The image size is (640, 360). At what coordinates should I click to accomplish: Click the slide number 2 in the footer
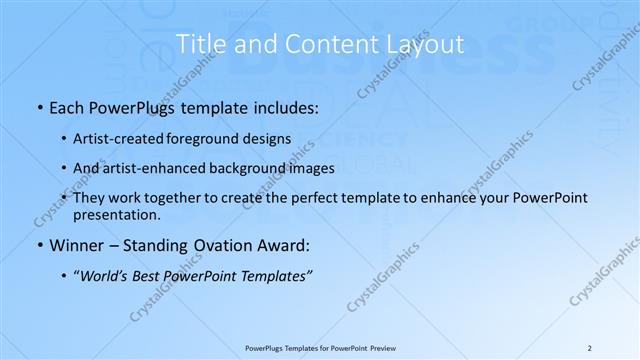[590, 347]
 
